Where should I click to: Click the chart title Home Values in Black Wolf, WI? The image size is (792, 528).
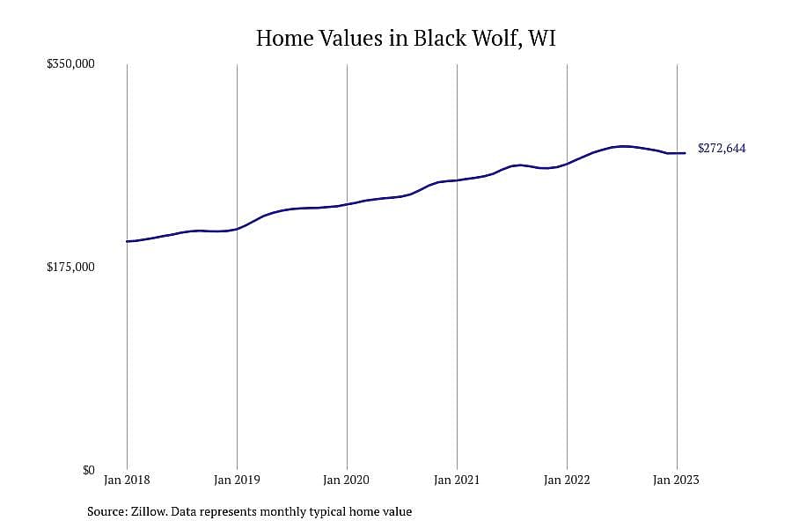tap(406, 39)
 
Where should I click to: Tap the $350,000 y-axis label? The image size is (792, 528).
tap(70, 64)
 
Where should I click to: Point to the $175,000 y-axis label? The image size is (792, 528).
tap(70, 267)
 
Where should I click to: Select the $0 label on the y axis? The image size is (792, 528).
tap(89, 470)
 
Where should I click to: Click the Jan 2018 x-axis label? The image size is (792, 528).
tap(127, 480)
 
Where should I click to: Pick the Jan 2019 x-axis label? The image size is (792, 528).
tap(237, 480)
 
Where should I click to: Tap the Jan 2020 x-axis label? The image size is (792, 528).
tap(347, 480)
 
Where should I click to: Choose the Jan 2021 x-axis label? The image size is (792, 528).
tap(457, 480)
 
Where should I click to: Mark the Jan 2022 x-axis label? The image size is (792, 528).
tap(567, 480)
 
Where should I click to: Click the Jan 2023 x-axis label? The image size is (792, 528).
tap(677, 480)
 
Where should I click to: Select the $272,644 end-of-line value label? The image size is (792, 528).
tap(722, 149)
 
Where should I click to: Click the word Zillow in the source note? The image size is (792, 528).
tap(149, 511)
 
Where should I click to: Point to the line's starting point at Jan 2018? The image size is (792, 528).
tap(127, 241)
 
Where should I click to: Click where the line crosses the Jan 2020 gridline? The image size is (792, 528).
tap(347, 204)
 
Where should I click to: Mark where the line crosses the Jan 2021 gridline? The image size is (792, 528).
tap(457, 180)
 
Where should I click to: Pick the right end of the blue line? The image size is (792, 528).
tap(685, 153)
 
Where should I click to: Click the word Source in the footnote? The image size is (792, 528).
tap(107, 511)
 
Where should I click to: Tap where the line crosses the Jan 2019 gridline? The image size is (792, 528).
tap(237, 230)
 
